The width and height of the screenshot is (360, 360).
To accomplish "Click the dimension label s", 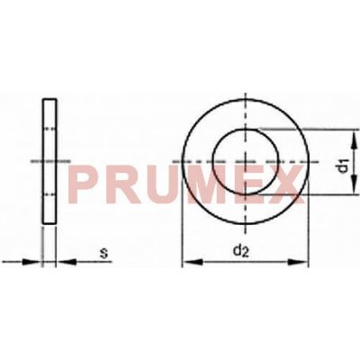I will pyautogui.click(x=103, y=254).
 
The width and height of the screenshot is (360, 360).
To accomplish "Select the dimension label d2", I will pyautogui.click(x=240, y=251).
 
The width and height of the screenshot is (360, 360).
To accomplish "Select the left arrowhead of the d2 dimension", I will pyautogui.click(x=187, y=263).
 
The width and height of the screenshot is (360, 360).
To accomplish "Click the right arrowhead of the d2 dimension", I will pyautogui.click(x=305, y=263).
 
